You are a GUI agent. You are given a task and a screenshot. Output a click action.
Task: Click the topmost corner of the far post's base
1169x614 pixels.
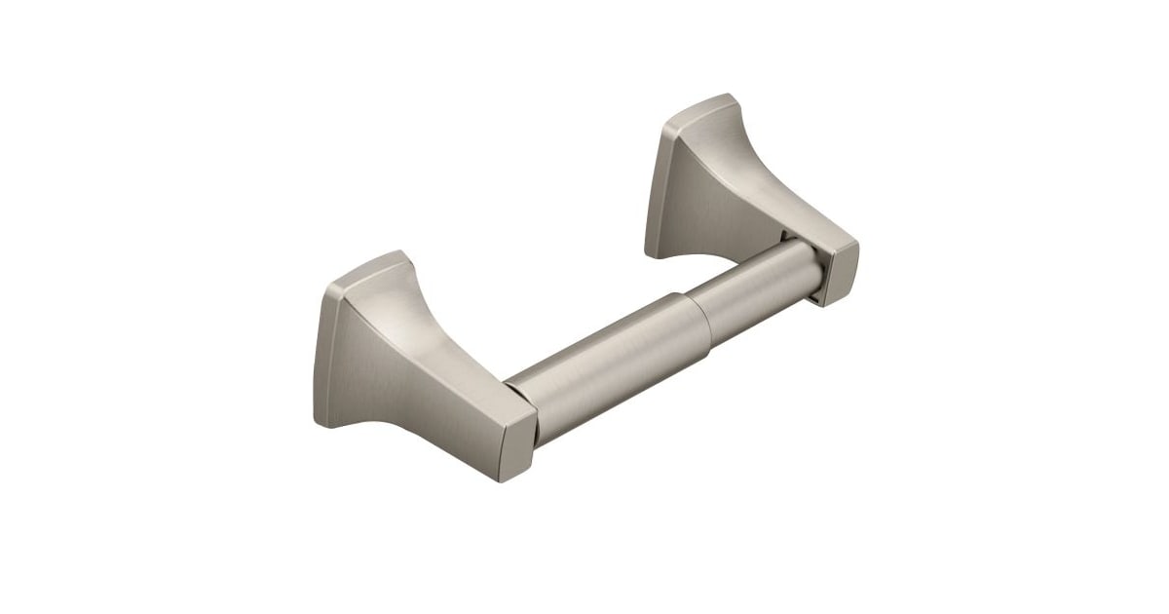(726, 96)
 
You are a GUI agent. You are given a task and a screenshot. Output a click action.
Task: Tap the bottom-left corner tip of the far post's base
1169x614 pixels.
(648, 255)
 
